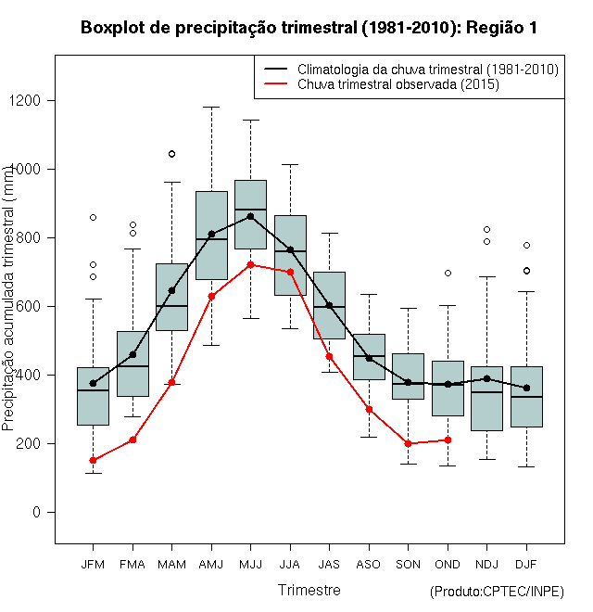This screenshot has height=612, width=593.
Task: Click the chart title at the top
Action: tap(309, 27)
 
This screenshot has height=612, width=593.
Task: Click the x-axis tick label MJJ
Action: tap(250, 564)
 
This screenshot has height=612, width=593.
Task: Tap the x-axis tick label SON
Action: tap(408, 564)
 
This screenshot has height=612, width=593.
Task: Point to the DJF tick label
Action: tap(526, 564)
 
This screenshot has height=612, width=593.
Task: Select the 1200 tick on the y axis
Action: tap(36, 100)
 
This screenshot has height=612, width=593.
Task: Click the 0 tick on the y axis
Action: tap(44, 512)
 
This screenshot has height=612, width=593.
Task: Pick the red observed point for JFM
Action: tap(93, 460)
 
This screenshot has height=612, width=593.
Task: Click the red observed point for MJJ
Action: tap(250, 264)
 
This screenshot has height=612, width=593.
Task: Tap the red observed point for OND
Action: tap(448, 440)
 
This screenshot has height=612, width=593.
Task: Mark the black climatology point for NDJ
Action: tap(487, 378)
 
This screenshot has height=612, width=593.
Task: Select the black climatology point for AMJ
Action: tap(211, 234)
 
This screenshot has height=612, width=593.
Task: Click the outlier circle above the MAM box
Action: tap(171, 154)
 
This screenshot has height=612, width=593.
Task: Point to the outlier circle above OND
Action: tap(448, 273)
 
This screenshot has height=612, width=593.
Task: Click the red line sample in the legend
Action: tap(275, 84)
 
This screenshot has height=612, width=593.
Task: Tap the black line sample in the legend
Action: tap(275, 70)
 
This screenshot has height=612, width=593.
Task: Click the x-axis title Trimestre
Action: tap(309, 590)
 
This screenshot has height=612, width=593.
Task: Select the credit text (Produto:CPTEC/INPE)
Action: tap(497, 592)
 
